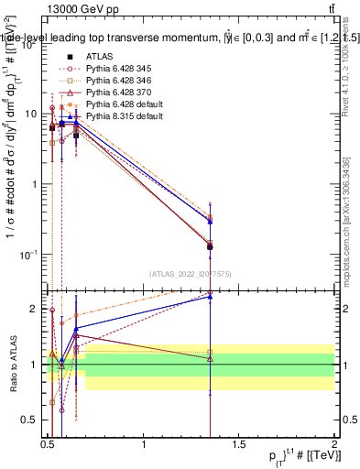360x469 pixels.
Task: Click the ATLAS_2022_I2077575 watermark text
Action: pyautogui.click(x=191, y=274)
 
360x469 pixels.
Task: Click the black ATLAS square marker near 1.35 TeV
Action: pyautogui.click(x=211, y=246)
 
